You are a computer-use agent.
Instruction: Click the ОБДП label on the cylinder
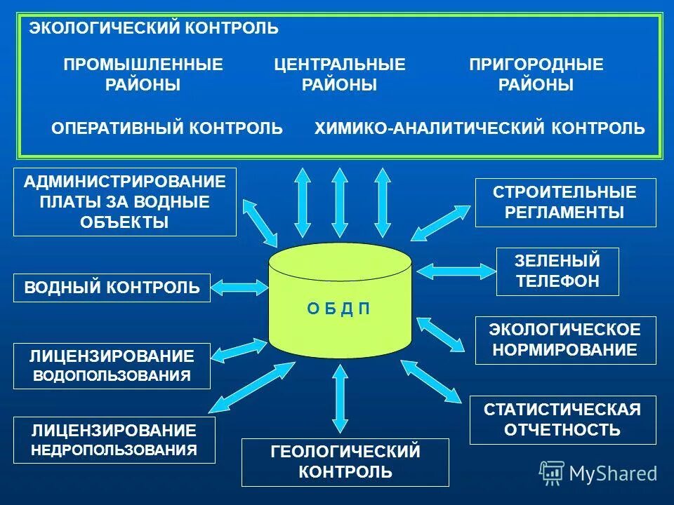pyautogui.click(x=339, y=309)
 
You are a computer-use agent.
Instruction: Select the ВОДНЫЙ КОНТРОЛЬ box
pyautogui.click(x=112, y=288)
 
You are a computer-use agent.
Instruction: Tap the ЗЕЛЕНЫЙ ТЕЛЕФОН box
pyautogui.click(x=557, y=271)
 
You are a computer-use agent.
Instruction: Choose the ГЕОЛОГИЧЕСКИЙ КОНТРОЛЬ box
pyautogui.click(x=345, y=462)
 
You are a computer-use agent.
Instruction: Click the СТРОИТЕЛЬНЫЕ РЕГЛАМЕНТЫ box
pyautogui.click(x=565, y=202)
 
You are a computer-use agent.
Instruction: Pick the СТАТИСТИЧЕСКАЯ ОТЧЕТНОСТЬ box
pyautogui.click(x=562, y=419)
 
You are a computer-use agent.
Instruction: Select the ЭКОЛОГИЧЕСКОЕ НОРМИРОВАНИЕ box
pyautogui.click(x=565, y=340)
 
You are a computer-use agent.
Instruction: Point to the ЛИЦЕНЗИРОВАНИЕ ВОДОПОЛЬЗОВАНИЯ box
pyautogui.click(x=112, y=365)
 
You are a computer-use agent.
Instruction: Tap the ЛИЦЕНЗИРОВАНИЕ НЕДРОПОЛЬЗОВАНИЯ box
pyautogui.click(x=114, y=440)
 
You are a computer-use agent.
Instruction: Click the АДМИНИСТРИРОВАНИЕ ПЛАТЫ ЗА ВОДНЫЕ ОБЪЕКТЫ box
pyautogui.click(x=125, y=202)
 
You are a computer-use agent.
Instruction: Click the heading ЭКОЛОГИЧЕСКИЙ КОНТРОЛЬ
pyautogui.click(x=153, y=29)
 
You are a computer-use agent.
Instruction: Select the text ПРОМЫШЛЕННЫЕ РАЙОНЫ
pyautogui.click(x=143, y=75)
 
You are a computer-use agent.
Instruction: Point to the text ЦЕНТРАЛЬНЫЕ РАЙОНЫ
pyautogui.click(x=340, y=75)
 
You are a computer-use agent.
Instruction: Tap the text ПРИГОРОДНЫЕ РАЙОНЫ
pyautogui.click(x=536, y=75)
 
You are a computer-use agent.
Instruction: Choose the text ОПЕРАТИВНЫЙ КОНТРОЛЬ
pyautogui.click(x=167, y=128)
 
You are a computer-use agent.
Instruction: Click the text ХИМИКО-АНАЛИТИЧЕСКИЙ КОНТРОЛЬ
pyautogui.click(x=480, y=128)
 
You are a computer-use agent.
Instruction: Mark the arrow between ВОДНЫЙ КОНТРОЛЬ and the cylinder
pyautogui.click(x=239, y=287)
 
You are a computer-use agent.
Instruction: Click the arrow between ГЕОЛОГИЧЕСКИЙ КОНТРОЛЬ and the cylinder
pyautogui.click(x=341, y=398)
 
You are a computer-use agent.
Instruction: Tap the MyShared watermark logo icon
pyautogui.click(x=551, y=473)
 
